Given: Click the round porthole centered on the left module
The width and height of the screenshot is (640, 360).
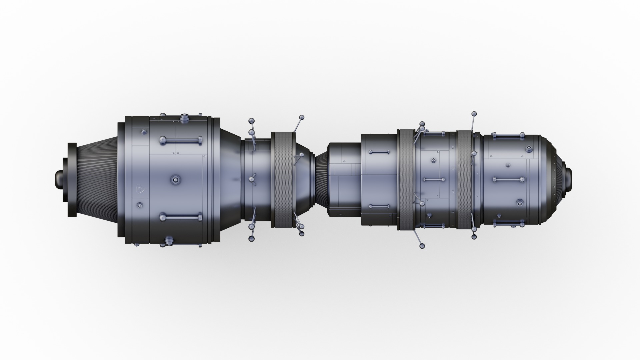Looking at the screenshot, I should [x=175, y=180].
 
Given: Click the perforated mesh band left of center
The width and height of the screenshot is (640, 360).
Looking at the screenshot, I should [x=283, y=180].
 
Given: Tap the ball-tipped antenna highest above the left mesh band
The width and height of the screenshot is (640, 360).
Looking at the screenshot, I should [x=302, y=118].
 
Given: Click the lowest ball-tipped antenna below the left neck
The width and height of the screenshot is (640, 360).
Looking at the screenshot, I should [x=251, y=239].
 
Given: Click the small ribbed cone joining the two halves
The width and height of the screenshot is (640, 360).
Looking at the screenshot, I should [x=321, y=180].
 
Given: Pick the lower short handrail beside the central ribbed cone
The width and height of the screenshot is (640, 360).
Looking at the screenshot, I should [x=379, y=206].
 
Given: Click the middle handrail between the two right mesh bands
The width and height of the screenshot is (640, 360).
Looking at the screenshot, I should [x=434, y=180].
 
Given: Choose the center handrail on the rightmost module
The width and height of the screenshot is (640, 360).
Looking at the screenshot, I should [x=508, y=180].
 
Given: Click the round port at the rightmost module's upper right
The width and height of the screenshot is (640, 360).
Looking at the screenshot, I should [x=529, y=149].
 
